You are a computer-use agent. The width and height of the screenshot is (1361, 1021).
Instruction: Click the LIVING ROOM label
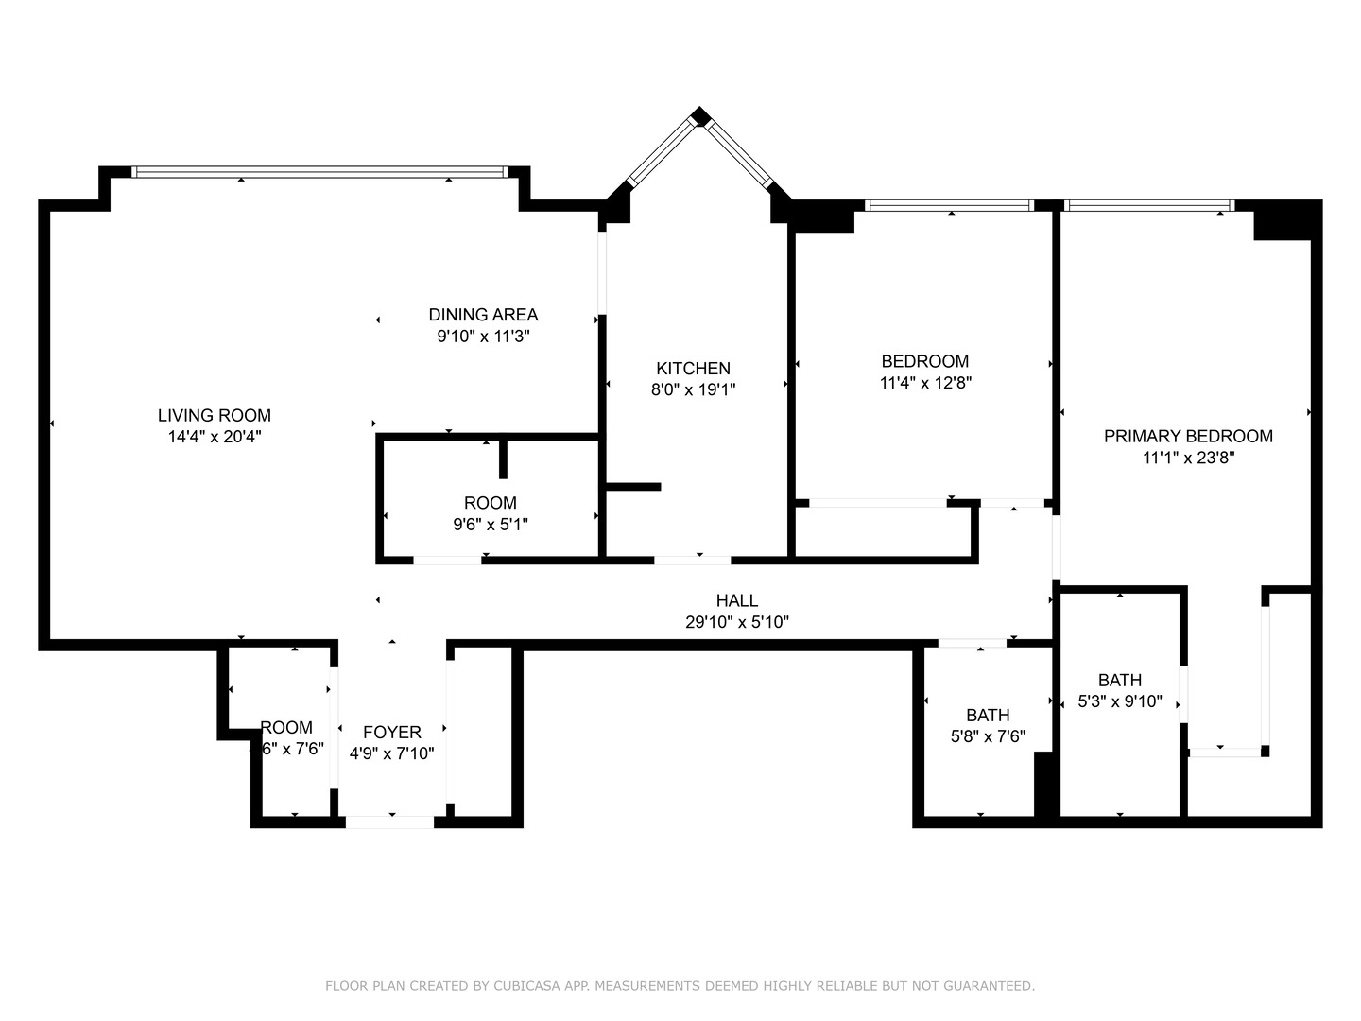(x=214, y=415)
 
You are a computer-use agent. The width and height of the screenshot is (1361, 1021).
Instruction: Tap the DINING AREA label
(x=483, y=315)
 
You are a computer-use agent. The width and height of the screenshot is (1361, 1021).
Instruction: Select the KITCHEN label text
(x=693, y=369)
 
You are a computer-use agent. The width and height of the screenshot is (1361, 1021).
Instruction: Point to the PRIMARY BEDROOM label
(x=1188, y=436)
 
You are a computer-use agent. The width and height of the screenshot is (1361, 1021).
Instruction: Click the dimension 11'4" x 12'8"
(x=925, y=383)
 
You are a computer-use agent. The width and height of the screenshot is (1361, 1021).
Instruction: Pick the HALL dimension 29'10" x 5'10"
(x=736, y=622)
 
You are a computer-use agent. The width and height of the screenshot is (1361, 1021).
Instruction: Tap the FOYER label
(x=392, y=733)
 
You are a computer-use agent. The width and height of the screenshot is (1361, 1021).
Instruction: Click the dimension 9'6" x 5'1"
(x=490, y=525)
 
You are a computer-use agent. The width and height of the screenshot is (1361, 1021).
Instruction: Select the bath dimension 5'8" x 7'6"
(x=988, y=736)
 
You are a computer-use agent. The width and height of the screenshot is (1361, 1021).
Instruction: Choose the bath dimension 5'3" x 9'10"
(x=1120, y=702)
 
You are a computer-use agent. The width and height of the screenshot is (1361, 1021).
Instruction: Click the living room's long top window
(x=319, y=172)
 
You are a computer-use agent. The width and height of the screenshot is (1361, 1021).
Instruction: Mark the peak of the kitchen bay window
(x=699, y=116)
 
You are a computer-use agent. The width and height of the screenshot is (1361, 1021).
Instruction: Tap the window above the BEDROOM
(x=949, y=205)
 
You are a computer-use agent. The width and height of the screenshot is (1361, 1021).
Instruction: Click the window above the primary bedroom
(x=1148, y=205)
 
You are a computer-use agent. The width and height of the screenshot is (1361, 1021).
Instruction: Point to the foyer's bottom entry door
(x=389, y=822)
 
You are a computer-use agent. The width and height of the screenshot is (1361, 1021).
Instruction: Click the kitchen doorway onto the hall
(x=692, y=560)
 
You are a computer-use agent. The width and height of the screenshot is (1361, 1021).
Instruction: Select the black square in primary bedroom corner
(x=1283, y=222)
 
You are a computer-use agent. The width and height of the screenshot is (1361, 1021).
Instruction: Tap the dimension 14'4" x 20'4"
(x=214, y=437)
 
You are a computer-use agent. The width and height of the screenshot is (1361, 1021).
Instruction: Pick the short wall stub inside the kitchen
(x=632, y=487)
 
